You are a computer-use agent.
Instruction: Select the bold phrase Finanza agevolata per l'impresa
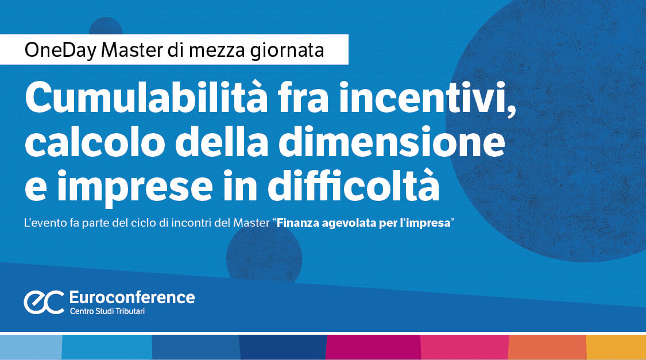tap(363, 223)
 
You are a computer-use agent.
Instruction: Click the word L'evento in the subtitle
tap(42, 223)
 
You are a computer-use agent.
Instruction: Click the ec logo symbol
tap(44, 303)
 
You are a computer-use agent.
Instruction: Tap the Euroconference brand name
tap(131, 297)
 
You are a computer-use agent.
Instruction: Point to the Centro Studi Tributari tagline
tap(111, 312)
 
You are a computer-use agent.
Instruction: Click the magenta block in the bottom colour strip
tap(373, 347)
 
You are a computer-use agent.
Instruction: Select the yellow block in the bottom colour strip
tap(616, 347)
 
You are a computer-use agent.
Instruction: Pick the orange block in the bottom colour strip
tap(547, 347)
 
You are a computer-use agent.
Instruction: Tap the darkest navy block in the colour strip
tap(282, 347)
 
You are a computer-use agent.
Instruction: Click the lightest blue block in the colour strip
tap(30, 347)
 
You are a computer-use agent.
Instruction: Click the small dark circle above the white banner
tap(106, 27)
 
